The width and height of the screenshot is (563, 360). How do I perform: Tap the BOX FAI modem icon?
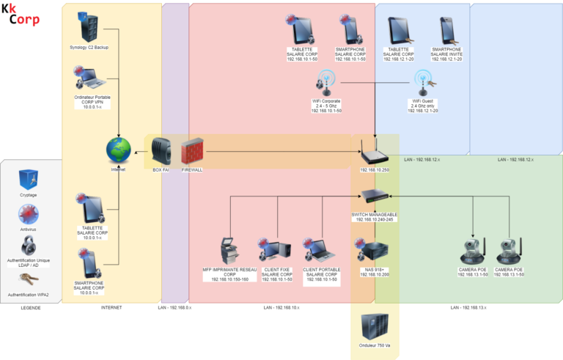pos(161,152)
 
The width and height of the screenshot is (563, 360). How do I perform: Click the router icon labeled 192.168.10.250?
pos(375,155)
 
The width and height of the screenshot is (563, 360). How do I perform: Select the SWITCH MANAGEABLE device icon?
pos(375,196)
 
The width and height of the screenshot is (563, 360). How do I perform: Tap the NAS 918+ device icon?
pos(375,251)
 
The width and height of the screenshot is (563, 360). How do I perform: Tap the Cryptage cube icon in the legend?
pos(29,179)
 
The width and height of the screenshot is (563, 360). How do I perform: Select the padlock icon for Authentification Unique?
pos(29,244)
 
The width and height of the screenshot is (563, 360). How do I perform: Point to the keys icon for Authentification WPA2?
pos(29,279)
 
